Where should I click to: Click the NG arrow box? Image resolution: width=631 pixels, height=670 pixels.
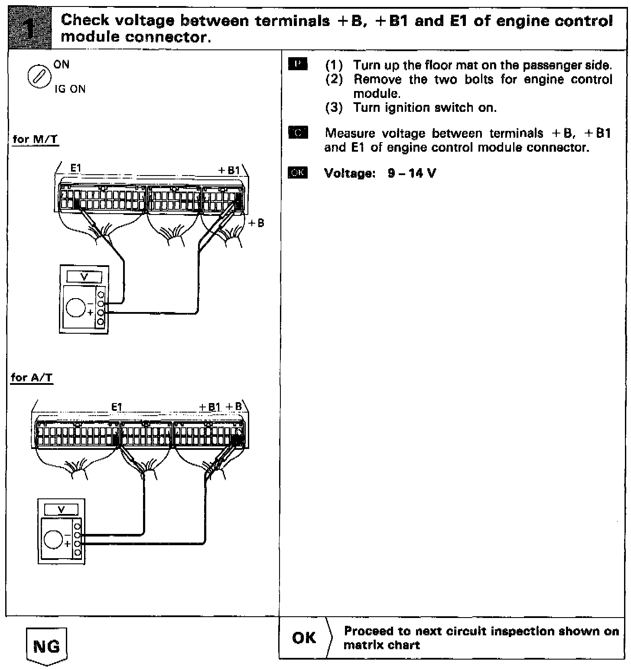click(47, 646)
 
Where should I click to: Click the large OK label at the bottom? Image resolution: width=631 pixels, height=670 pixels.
click(304, 637)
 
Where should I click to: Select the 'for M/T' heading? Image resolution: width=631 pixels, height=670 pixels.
click(36, 140)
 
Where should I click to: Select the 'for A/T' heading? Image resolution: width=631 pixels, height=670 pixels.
click(32, 377)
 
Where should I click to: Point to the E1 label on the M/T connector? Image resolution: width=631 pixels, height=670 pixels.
click(75, 169)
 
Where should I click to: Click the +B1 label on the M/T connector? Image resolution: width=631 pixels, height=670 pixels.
click(229, 170)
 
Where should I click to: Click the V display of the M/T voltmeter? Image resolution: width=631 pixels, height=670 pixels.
click(85, 277)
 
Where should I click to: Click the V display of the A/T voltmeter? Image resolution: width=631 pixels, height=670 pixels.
click(61, 510)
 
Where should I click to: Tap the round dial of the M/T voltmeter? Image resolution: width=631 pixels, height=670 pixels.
click(76, 307)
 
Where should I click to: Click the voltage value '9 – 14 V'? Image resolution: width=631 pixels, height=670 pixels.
click(412, 173)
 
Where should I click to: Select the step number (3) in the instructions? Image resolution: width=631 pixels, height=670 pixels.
click(334, 107)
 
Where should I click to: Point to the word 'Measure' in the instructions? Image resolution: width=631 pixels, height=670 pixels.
click(350, 133)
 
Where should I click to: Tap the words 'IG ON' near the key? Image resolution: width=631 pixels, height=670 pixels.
click(70, 89)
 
